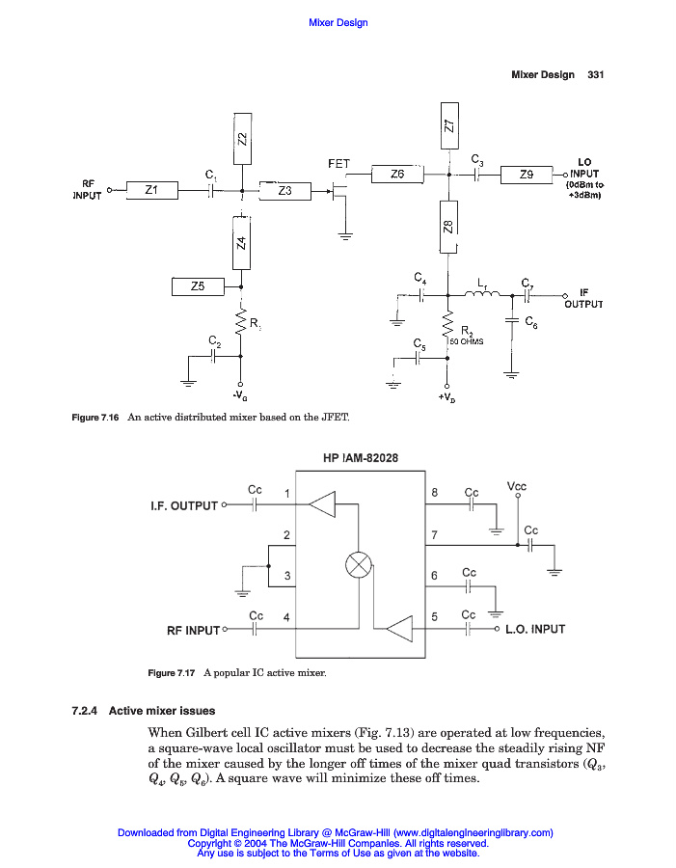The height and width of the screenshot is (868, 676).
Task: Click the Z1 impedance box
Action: [149, 191]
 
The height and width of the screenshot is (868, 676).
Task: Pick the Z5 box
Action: [198, 285]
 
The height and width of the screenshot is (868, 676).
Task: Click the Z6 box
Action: [397, 175]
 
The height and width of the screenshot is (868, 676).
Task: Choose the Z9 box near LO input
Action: [527, 175]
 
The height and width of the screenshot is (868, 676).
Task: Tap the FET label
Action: [338, 164]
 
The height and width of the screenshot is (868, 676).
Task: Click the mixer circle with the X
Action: [359, 564]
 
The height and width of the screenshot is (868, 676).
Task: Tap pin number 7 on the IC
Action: [435, 533]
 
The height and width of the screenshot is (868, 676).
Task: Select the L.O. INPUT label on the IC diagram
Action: [535, 629]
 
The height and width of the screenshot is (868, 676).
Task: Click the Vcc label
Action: [517, 488]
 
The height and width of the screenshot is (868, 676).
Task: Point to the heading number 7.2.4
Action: [87, 711]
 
